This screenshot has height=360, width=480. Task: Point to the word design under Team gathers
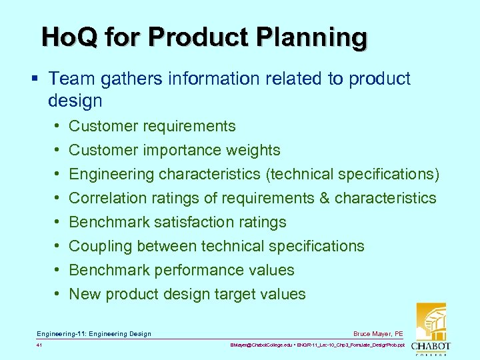75,101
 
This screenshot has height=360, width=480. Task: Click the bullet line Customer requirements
152,126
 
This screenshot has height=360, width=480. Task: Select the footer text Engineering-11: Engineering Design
94,333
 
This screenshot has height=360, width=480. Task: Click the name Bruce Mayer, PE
379,333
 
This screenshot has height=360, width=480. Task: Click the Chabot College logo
430,330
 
